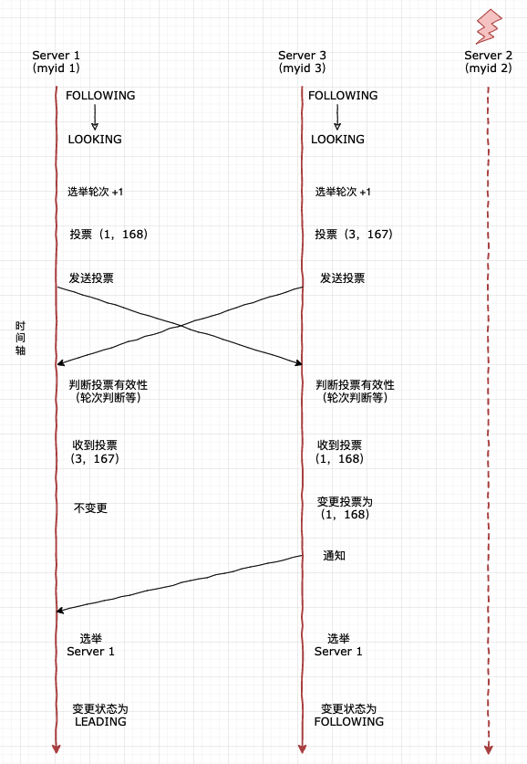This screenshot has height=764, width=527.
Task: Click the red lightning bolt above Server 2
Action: (x=489, y=26)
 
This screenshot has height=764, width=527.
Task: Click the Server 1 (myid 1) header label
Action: (x=56, y=62)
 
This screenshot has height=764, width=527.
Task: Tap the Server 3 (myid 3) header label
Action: (x=302, y=62)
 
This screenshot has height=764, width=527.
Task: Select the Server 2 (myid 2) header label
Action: (x=488, y=62)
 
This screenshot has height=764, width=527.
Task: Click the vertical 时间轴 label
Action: (x=20, y=338)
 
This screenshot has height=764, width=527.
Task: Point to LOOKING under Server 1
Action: (x=95, y=140)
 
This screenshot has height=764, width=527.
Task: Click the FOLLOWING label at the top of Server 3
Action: (x=343, y=96)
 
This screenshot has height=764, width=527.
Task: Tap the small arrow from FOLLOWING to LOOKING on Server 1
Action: (x=95, y=118)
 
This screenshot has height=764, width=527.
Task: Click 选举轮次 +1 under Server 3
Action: (x=343, y=192)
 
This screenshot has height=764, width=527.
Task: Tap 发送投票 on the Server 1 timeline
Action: (x=91, y=278)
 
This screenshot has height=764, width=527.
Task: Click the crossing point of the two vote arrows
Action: (x=181, y=325)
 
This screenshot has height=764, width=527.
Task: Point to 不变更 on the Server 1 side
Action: (x=90, y=508)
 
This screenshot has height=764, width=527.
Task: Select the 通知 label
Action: (x=335, y=556)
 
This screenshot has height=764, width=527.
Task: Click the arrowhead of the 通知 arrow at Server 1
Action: (x=59, y=611)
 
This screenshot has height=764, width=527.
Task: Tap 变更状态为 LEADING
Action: (x=100, y=715)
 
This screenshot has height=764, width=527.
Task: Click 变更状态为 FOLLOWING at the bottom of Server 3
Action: (x=349, y=715)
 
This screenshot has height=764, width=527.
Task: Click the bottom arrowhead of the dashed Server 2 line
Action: (x=489, y=749)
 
